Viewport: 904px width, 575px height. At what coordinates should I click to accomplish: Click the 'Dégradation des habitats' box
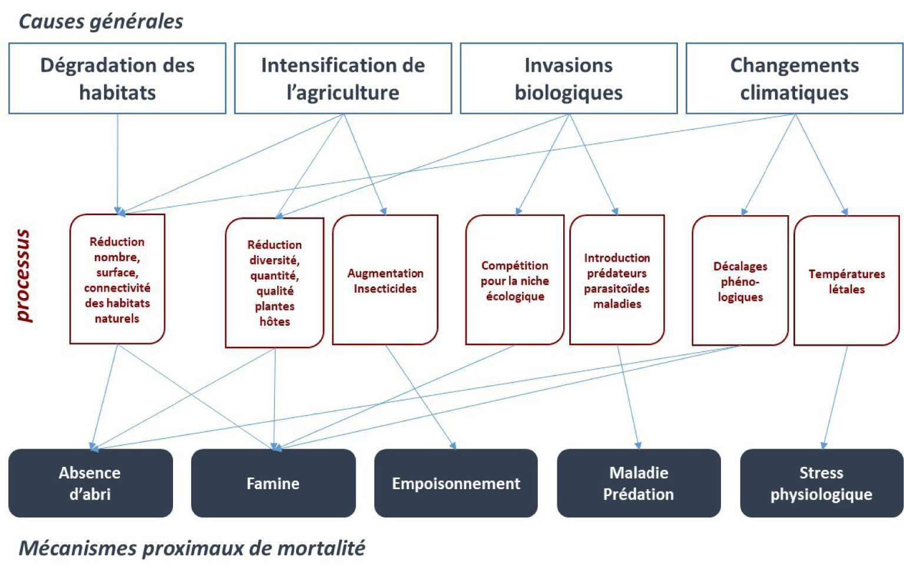(x=118, y=78)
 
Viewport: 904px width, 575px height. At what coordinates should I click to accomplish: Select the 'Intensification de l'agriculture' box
(x=343, y=78)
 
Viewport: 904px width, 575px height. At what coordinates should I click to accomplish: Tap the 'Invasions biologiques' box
(x=569, y=78)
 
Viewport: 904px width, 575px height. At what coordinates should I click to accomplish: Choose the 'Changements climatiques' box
(x=794, y=78)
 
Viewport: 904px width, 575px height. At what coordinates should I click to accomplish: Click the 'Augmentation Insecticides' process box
(x=385, y=280)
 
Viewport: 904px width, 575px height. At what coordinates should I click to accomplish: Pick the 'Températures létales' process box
(x=847, y=280)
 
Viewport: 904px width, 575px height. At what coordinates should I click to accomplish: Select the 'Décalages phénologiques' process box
(x=740, y=280)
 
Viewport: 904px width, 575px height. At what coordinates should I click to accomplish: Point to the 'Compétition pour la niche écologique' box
(x=514, y=280)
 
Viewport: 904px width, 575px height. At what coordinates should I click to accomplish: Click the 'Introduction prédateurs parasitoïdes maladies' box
(x=617, y=280)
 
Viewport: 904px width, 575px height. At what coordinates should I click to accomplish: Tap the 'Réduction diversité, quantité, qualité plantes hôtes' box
(x=274, y=283)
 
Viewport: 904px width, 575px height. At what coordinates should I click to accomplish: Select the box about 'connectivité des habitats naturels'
(x=118, y=279)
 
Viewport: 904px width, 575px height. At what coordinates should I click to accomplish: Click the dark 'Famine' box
(x=273, y=483)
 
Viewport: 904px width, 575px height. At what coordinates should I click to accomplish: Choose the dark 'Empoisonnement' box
(x=456, y=483)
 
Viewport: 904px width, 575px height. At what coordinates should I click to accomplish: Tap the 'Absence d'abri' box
(x=91, y=483)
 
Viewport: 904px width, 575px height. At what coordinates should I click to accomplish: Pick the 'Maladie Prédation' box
(x=639, y=483)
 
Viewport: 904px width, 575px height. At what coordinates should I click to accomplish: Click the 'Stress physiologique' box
(x=822, y=483)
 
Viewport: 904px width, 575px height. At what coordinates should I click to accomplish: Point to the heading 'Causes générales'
(x=101, y=22)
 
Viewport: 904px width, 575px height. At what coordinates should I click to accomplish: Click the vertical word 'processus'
(x=24, y=276)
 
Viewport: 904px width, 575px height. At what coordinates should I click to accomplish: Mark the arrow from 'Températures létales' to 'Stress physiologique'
(x=835, y=397)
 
